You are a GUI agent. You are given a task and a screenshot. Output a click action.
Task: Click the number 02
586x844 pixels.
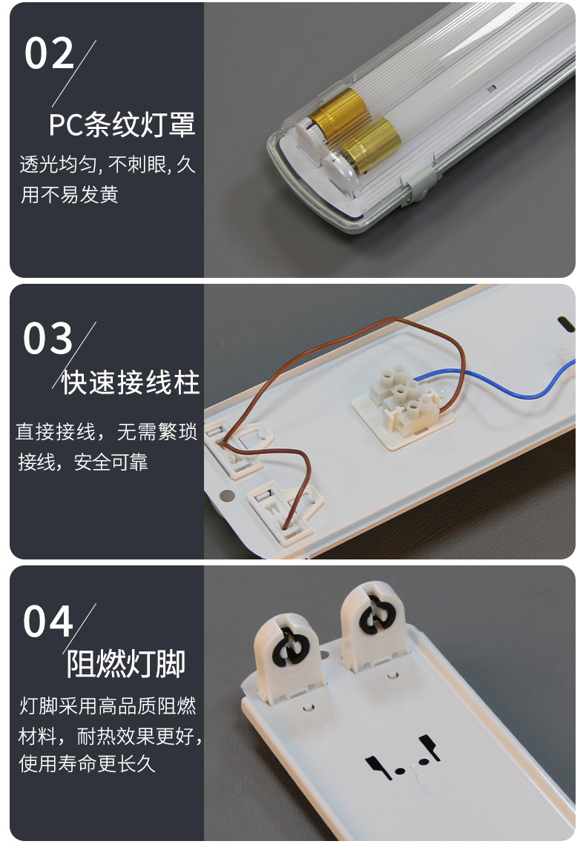50,54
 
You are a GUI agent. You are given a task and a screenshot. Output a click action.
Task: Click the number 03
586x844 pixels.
48,338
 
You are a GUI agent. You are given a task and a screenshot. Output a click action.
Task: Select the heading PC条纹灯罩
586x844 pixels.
122,124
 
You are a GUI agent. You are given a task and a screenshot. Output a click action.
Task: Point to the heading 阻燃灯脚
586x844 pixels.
126,664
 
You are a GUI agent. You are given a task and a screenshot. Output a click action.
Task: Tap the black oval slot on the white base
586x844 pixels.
564,325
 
